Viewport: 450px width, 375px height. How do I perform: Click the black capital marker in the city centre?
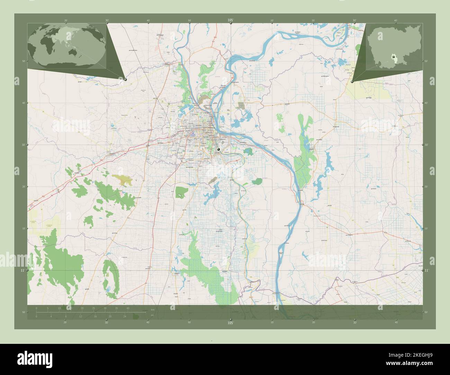tap(218, 149)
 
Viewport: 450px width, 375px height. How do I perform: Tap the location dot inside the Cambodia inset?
tap(393, 56)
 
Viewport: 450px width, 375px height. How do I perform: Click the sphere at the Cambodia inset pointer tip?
tap(352, 82)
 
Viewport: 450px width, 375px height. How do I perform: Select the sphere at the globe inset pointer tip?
tap(125, 79)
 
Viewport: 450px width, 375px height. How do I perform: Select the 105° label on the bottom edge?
tap(231, 323)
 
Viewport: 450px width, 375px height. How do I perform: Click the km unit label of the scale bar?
tap(152, 309)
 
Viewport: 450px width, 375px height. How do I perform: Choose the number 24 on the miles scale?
tap(125, 316)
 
